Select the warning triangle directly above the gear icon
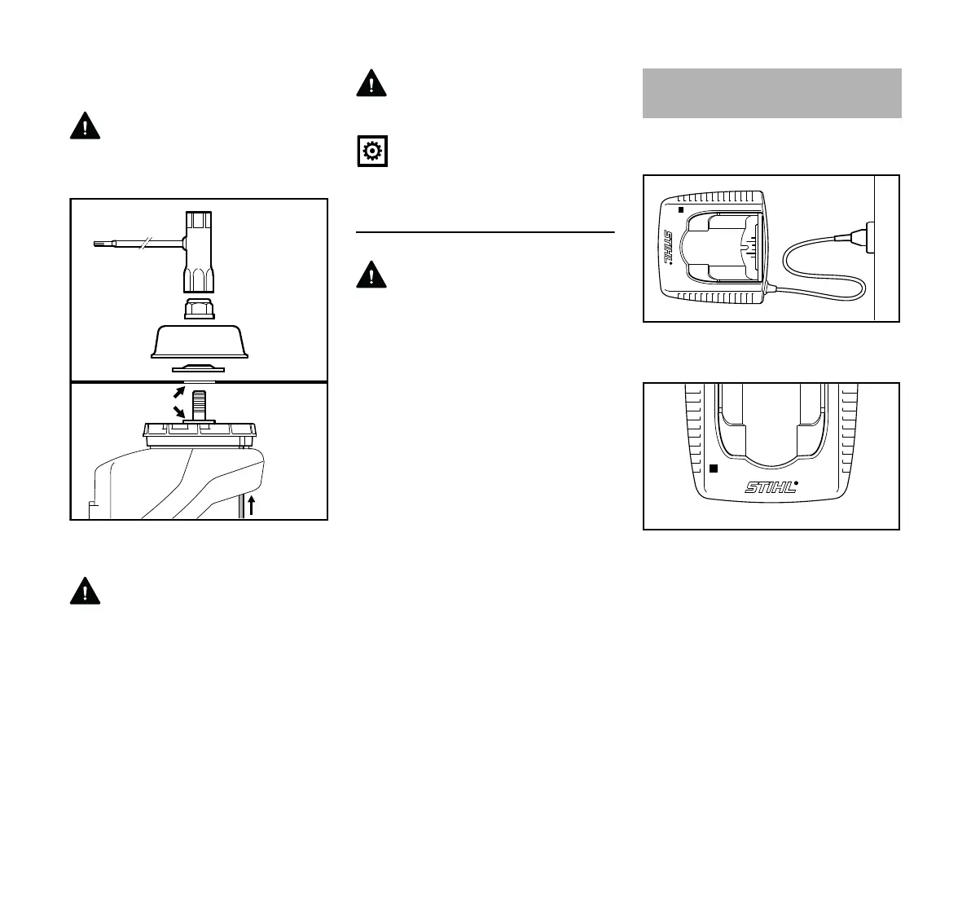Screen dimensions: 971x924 (371, 83)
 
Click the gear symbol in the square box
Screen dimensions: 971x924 (372, 152)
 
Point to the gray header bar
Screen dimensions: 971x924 (771, 93)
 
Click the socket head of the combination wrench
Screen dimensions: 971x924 (199, 252)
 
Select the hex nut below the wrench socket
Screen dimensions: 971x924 (200, 309)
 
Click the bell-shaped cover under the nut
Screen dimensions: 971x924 (200, 341)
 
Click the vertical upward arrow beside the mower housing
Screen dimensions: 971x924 (252, 504)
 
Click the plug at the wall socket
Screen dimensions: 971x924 (860, 237)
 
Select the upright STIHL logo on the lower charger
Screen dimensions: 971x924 (770, 486)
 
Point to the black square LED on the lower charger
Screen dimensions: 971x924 (714, 469)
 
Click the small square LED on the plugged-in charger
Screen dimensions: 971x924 (681, 209)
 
